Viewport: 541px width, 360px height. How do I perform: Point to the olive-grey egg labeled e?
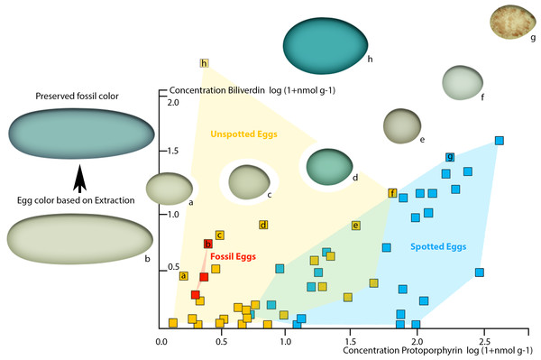pos(400,125)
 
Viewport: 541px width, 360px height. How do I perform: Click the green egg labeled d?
pos(329,164)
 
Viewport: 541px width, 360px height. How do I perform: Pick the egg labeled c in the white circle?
pos(246,181)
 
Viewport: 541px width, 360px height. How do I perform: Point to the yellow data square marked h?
pos(205,63)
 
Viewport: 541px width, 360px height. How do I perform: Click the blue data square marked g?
pos(450,157)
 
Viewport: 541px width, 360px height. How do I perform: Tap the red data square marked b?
pos(208,244)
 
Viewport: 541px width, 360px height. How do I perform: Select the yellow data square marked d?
pos(263,225)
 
